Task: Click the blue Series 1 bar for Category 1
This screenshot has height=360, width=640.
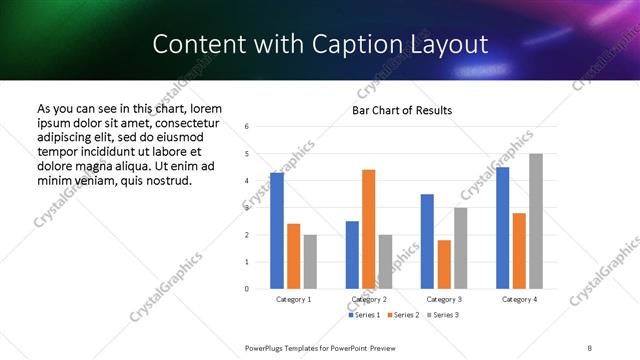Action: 277,230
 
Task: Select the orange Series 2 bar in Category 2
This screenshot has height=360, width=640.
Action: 368,229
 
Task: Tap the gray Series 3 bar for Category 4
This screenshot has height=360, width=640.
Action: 536,221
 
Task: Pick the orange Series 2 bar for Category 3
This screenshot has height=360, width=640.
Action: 444,264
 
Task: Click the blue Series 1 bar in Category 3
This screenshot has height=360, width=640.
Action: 427,241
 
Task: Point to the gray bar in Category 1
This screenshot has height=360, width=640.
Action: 310,261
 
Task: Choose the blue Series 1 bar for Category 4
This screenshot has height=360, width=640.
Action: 503,227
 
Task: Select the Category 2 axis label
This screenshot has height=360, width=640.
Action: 368,299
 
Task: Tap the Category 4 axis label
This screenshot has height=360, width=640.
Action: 519,299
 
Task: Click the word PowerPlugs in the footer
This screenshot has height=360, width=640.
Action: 268,346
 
